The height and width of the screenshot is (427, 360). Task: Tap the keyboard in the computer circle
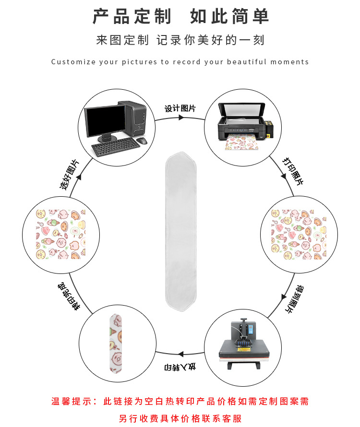[x=115, y=148]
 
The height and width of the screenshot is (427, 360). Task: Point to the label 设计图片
[x=180, y=108]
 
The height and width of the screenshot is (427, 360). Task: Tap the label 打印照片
[x=292, y=171]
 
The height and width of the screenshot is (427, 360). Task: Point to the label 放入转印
[x=180, y=368]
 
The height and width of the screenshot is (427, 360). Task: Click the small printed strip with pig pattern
[x=115, y=344]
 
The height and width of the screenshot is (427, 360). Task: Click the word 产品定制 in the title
[x=132, y=17]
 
